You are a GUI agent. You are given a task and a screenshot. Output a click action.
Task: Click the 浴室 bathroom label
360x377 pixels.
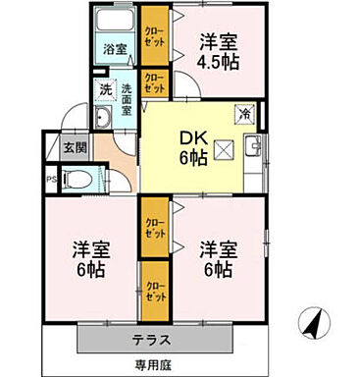116,48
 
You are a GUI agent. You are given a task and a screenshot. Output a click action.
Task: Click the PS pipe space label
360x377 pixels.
51,179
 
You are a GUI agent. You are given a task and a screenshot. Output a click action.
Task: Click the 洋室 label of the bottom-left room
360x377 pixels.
89,247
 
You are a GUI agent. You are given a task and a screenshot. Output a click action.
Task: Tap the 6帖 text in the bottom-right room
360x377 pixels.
218,269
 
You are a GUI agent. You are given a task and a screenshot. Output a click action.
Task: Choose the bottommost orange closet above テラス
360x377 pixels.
155,292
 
